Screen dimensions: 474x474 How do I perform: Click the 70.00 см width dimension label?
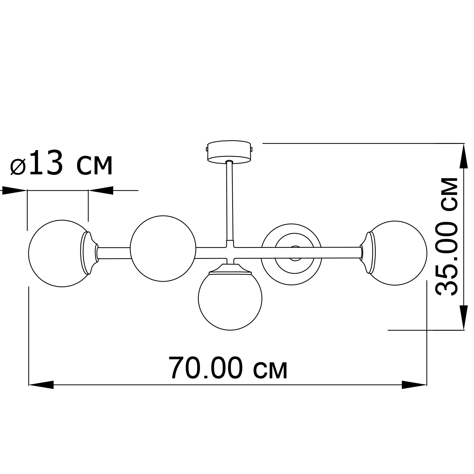tap(228, 369)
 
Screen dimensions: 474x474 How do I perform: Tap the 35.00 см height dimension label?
tap(446, 236)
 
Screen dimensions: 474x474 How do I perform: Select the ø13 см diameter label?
tap(61, 163)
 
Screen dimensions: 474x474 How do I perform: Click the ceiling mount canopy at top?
tap(229, 152)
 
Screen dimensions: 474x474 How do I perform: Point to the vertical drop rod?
tap(229, 201)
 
